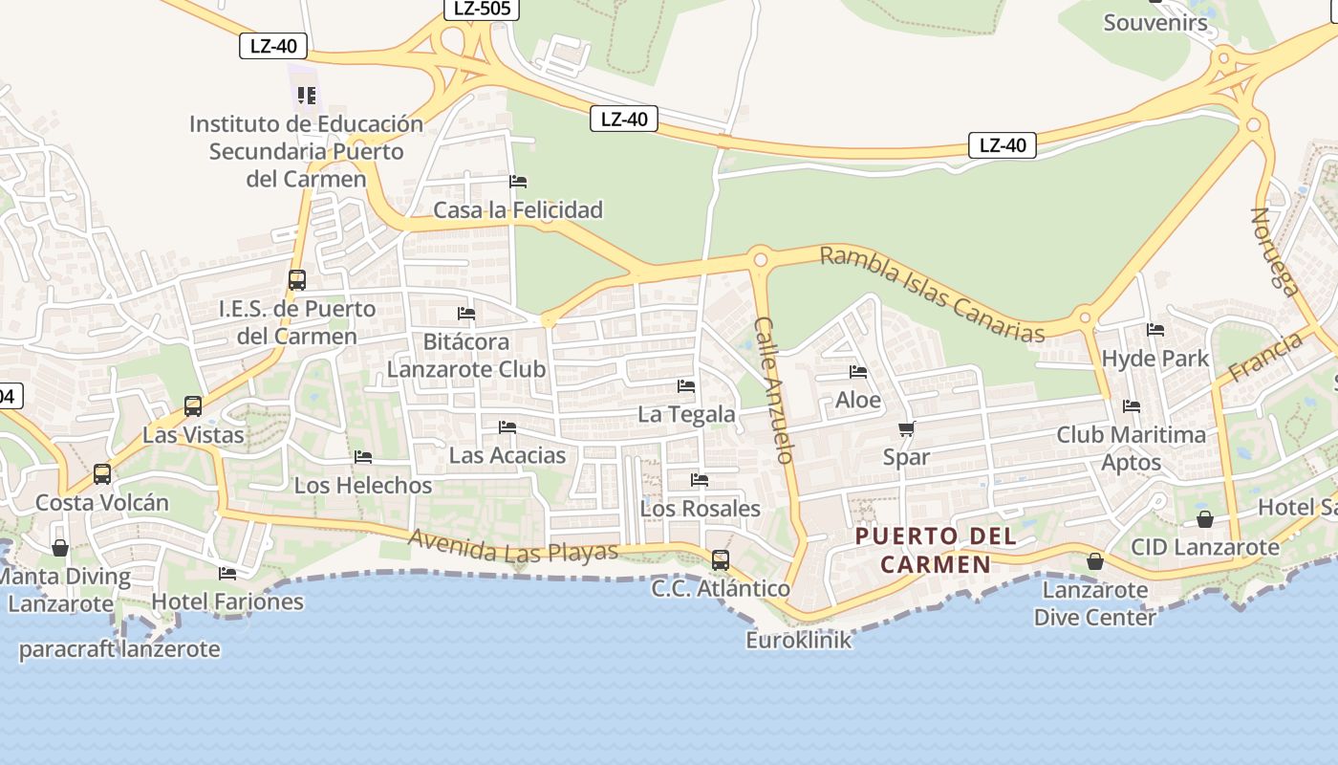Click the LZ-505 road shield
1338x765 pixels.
click(482, 10)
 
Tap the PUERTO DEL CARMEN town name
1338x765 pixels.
click(936, 550)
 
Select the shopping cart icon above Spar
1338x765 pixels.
click(906, 429)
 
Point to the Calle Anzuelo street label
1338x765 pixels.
click(774, 390)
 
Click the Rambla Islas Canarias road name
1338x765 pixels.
click(932, 294)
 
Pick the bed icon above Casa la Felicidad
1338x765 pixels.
click(518, 181)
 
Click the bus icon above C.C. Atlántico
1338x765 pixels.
click(721, 559)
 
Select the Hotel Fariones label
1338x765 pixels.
click(227, 601)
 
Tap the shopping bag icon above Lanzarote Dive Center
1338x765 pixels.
click(1095, 561)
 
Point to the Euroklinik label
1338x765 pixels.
click(798, 640)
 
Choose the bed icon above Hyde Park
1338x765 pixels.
click(1155, 330)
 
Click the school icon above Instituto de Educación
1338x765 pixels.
click(307, 95)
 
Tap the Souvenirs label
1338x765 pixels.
click(1155, 22)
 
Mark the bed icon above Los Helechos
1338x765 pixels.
click(363, 457)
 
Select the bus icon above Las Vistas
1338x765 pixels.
click(193, 406)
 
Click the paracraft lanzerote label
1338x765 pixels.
click(119, 649)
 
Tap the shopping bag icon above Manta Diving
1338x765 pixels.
click(60, 548)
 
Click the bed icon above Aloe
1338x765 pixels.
click(858, 372)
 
